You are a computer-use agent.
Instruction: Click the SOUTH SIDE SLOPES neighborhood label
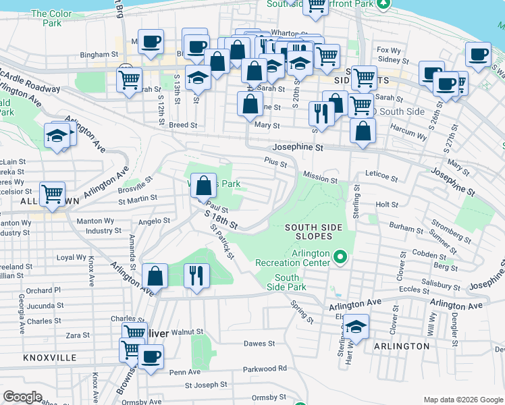pos(309,232)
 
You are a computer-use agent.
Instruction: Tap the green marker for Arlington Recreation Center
pos(340,257)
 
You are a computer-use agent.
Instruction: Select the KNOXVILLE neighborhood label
pos(49,358)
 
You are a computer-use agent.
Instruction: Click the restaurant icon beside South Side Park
pos(197,276)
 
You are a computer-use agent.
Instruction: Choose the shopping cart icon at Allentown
pos(52,194)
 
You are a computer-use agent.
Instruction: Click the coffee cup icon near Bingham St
pos(150,42)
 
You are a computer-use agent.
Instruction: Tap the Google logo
pos(22,397)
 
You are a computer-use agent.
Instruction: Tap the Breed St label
pos(183,125)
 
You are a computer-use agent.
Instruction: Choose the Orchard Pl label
pos(44,290)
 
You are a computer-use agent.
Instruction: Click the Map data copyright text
pos(462,399)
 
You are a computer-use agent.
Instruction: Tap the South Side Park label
pos(287,282)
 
